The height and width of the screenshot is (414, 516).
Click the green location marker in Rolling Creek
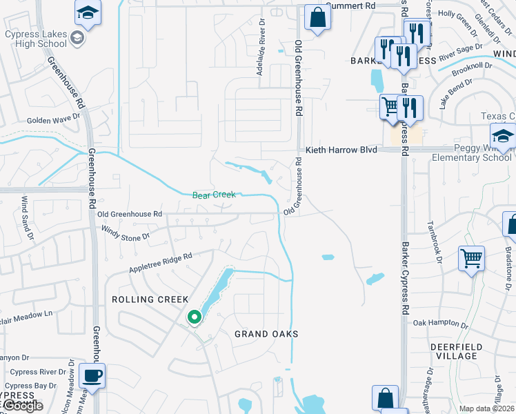195,317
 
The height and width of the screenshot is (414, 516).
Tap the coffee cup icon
92,377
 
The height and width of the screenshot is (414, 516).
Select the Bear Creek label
214,195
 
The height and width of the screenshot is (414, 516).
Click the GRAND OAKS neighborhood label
266,334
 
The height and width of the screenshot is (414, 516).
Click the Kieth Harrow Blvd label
341,149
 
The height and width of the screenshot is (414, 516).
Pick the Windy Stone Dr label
125,233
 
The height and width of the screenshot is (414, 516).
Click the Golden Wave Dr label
53,120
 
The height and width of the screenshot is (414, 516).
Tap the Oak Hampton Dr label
441,323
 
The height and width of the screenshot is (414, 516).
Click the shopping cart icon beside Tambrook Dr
471,259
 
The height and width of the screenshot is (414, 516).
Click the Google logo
22,406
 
